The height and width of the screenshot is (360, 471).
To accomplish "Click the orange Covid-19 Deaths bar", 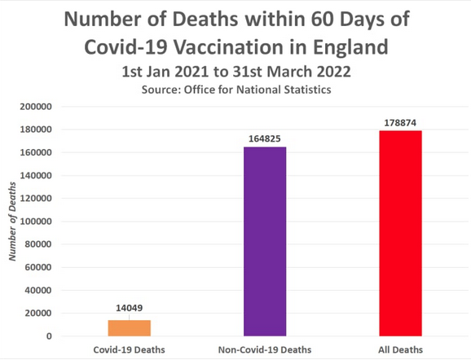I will tap(130, 327).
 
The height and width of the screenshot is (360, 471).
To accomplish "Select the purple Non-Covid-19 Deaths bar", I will tap(265, 241).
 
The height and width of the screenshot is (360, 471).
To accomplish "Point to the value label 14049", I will tap(130, 309).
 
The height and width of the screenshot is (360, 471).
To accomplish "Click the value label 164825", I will tap(265, 138).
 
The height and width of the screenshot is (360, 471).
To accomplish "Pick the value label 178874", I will tap(401, 122).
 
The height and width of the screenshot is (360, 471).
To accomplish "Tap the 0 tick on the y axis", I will tap(50, 336).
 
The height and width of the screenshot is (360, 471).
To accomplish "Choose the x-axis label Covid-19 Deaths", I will tap(130, 349).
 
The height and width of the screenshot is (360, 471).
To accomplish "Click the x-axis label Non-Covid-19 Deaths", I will tap(265, 349).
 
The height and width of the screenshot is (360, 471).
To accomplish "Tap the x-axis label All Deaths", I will tap(401, 349).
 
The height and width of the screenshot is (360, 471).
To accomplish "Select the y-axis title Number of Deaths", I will tap(12, 222).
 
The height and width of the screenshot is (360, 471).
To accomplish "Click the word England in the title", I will tap(350, 46).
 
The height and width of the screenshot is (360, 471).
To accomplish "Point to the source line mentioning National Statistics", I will tap(236, 90).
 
